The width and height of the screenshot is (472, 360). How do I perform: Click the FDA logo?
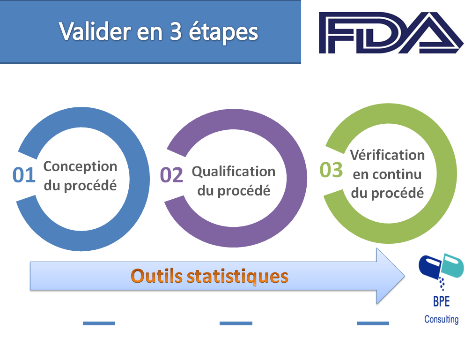[391, 32]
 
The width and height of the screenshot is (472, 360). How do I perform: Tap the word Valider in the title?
[95, 31]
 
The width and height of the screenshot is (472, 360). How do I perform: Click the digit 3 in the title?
[176, 31]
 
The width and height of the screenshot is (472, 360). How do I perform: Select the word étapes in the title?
[223, 32]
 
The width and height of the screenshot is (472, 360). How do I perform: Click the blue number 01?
[24, 175]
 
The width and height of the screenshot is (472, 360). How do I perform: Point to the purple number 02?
[171, 175]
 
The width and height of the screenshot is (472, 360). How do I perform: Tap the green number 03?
[331, 170]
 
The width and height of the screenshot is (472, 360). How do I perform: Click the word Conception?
[81, 166]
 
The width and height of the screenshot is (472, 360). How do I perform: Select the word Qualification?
[234, 172]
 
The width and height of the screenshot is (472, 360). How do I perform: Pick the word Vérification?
[387, 155]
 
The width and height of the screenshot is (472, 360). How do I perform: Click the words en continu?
[387, 174]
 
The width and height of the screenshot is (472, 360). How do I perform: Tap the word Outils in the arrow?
[156, 276]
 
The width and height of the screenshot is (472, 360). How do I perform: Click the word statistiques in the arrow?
[237, 276]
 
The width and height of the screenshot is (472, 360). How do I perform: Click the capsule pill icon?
[441, 267]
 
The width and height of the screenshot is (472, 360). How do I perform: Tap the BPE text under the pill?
[441, 301]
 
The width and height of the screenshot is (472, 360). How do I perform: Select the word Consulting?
[441, 319]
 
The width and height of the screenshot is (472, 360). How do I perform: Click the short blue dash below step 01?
[99, 323]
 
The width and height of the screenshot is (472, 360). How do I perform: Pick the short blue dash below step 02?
[236, 323]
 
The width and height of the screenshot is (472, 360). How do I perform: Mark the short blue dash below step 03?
[373, 323]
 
